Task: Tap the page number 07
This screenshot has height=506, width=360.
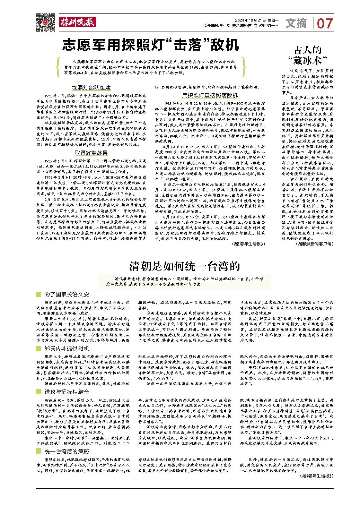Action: [x=325, y=24]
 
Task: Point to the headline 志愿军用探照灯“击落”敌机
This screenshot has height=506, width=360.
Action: [x=151, y=45]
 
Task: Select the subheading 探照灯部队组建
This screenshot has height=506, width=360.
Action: [x=91, y=88]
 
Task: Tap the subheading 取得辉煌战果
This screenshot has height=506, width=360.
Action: [x=91, y=153]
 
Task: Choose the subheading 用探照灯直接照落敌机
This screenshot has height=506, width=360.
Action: [x=210, y=95]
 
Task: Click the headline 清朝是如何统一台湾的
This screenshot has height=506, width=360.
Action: [x=185, y=266]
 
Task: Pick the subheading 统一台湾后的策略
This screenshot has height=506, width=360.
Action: [x=67, y=451]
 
